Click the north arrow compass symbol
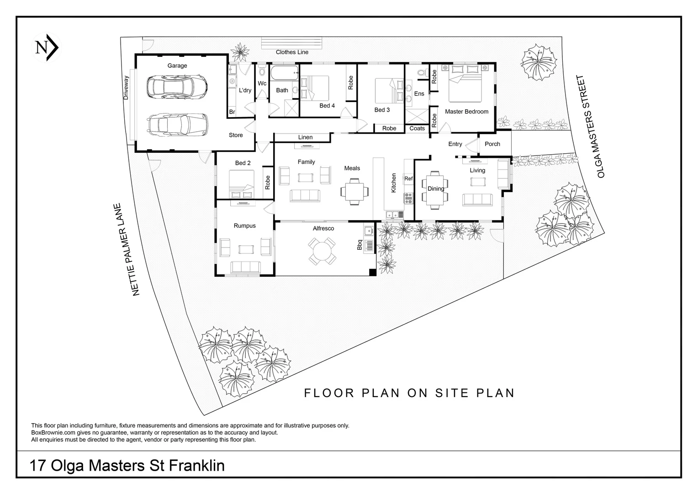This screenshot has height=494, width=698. [x=47, y=48]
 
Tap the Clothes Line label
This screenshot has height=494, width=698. [x=292, y=52]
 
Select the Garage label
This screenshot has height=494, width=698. [x=177, y=65]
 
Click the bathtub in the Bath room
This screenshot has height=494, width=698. [x=284, y=73]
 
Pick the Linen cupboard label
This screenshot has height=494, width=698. [x=305, y=137]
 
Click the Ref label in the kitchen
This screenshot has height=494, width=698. [x=408, y=178]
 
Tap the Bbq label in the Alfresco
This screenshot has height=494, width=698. [x=360, y=245]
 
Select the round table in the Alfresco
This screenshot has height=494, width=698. [x=323, y=251]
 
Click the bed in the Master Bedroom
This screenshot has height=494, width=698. [x=465, y=83]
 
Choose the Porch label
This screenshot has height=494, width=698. [x=492, y=144]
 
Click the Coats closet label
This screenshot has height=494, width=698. [x=417, y=128]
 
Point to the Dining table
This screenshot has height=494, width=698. [x=435, y=189]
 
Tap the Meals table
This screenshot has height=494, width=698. [x=354, y=192]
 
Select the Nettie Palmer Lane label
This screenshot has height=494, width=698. [x=127, y=250]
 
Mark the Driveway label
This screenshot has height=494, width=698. [x=126, y=88]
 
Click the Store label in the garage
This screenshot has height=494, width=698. [x=236, y=135]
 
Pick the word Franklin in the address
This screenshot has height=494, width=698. [x=196, y=466]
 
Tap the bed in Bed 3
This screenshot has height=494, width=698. [x=389, y=91]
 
